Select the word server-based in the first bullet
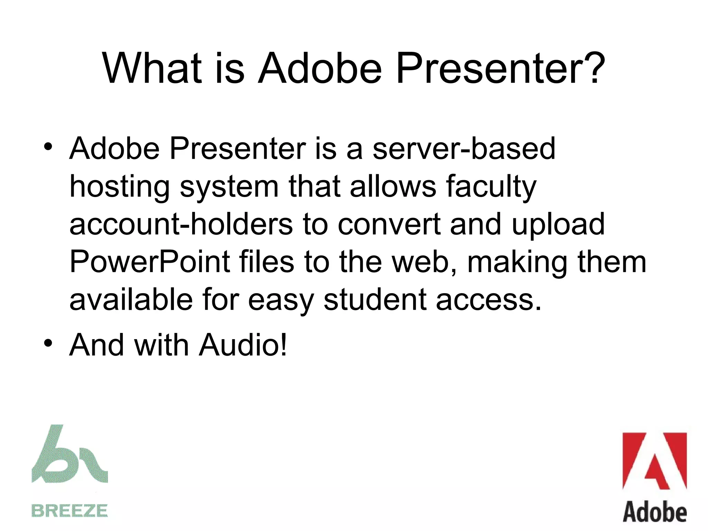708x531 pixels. [x=464, y=148]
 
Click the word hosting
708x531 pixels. [x=120, y=187]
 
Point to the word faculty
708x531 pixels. [x=491, y=187]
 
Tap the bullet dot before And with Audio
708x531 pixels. [x=48, y=343]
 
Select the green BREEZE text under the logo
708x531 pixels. [x=69, y=511]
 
